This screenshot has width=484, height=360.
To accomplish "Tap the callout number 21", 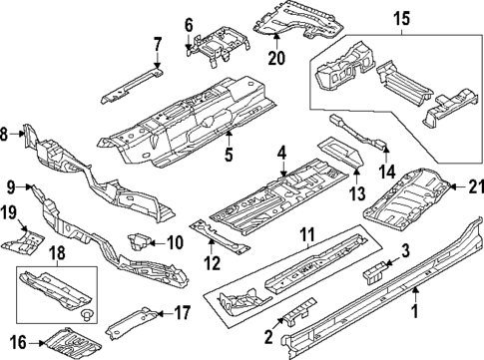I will point(475,184).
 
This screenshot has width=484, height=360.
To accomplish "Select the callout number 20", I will point(275,58).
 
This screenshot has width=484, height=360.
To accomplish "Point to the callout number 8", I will point(6,133).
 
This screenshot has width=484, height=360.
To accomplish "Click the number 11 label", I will point(308,238).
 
